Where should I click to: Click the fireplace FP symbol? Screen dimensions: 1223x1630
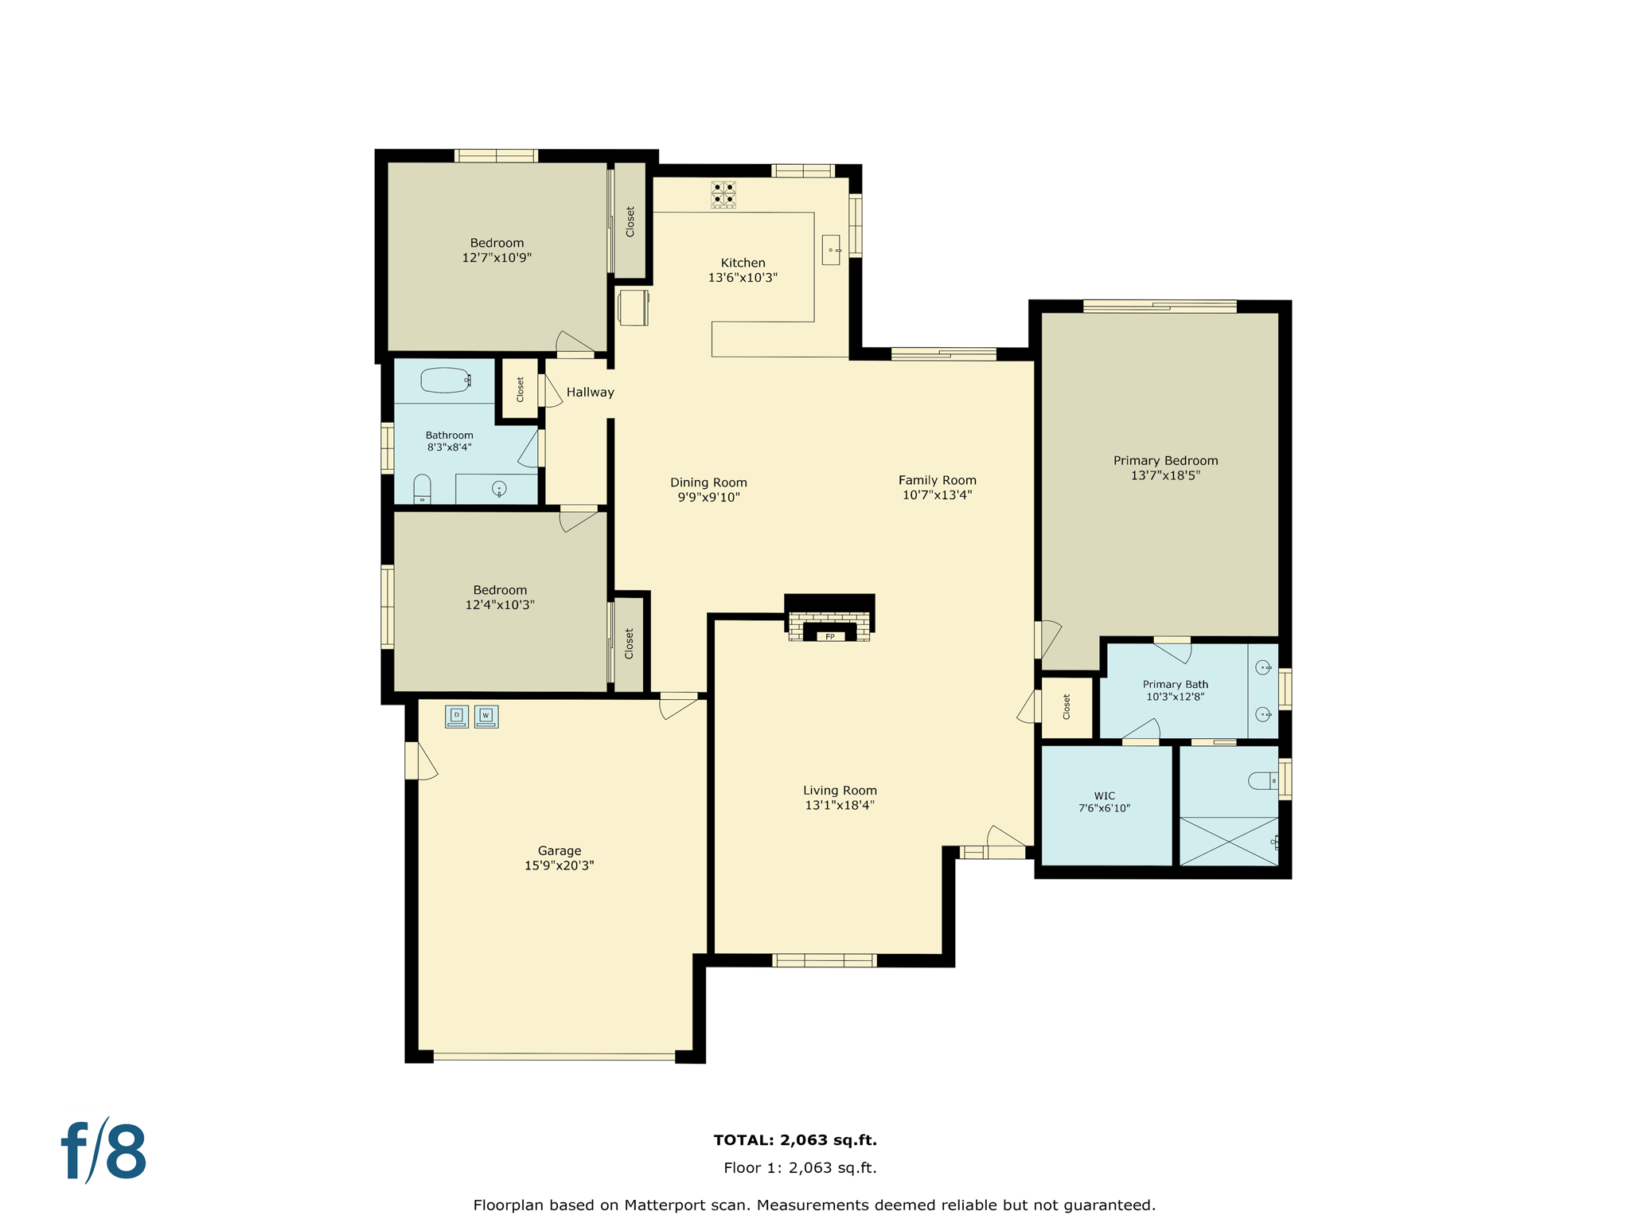pyautogui.click(x=829, y=636)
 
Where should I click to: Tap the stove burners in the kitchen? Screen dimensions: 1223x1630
pyautogui.click(x=723, y=193)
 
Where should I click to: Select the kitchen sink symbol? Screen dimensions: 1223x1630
pyautogui.click(x=831, y=250)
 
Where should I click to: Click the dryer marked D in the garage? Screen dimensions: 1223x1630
pyautogui.click(x=457, y=716)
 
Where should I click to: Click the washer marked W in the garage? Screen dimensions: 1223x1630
pyautogui.click(x=486, y=716)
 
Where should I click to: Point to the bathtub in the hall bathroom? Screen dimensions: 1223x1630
pyautogui.click(x=445, y=381)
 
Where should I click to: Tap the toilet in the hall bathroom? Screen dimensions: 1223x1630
pyautogui.click(x=423, y=489)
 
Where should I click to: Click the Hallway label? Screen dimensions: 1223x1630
pyautogui.click(x=590, y=392)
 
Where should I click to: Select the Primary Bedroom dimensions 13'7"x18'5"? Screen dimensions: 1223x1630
pyautogui.click(x=1165, y=475)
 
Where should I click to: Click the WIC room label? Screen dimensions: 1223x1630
pyautogui.click(x=1104, y=795)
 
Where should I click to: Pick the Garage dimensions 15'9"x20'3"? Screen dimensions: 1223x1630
pyautogui.click(x=559, y=865)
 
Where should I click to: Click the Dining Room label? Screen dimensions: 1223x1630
pyautogui.click(x=708, y=483)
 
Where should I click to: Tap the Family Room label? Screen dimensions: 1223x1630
pyautogui.click(x=937, y=480)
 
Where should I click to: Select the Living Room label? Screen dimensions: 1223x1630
pyautogui.click(x=840, y=790)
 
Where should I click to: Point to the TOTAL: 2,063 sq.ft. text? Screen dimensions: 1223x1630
pyautogui.click(x=795, y=1139)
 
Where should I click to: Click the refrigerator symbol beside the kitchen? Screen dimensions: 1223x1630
pyautogui.click(x=634, y=307)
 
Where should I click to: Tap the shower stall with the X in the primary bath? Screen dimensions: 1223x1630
pyautogui.click(x=1228, y=841)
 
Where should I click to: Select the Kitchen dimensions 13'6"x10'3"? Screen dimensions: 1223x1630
pyautogui.click(x=743, y=278)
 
